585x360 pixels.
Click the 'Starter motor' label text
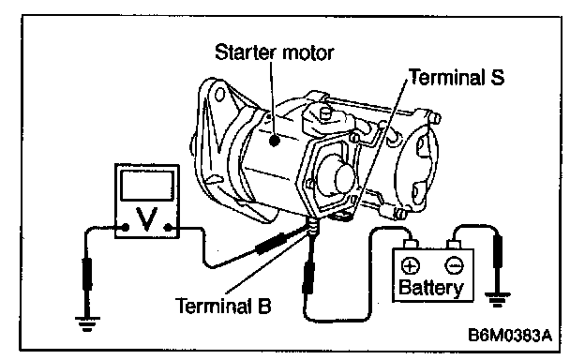pos(274,52)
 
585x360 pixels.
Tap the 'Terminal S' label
pos(457,77)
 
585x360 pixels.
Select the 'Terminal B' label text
pos(223,306)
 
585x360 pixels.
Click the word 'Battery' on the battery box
pos(431,288)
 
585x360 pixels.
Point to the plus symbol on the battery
pos(410,266)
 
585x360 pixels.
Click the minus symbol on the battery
pos(454,266)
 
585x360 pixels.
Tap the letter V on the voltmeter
pos(146,218)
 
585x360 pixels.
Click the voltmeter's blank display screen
pos(147,186)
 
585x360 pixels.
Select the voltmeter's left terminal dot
pos(126,227)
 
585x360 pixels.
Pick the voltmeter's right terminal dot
pos(168,227)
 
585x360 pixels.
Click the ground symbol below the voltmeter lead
pos(87,323)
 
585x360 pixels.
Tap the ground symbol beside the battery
pos(497,299)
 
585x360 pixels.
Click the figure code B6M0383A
pos(510,335)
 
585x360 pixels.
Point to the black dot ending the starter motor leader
pos(275,141)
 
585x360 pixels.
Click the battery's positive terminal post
pos(410,244)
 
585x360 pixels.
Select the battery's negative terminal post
pos(454,245)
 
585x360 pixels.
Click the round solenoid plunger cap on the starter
pos(344,177)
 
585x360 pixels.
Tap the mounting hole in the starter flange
pos(218,94)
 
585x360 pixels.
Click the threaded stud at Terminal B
pos(312,227)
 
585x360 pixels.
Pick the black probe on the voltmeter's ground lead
pos(87,274)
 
